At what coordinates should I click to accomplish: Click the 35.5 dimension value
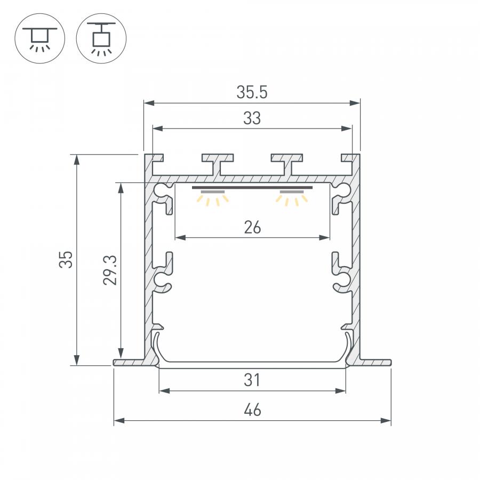click(252, 92)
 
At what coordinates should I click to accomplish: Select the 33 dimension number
click(252, 118)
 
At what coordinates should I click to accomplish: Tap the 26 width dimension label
click(253, 227)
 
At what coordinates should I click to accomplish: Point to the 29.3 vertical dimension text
click(110, 270)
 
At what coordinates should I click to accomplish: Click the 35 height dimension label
click(66, 260)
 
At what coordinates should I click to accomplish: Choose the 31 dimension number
click(252, 380)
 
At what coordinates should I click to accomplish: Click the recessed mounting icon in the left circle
click(40, 38)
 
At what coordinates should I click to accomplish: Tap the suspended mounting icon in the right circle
click(101, 39)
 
